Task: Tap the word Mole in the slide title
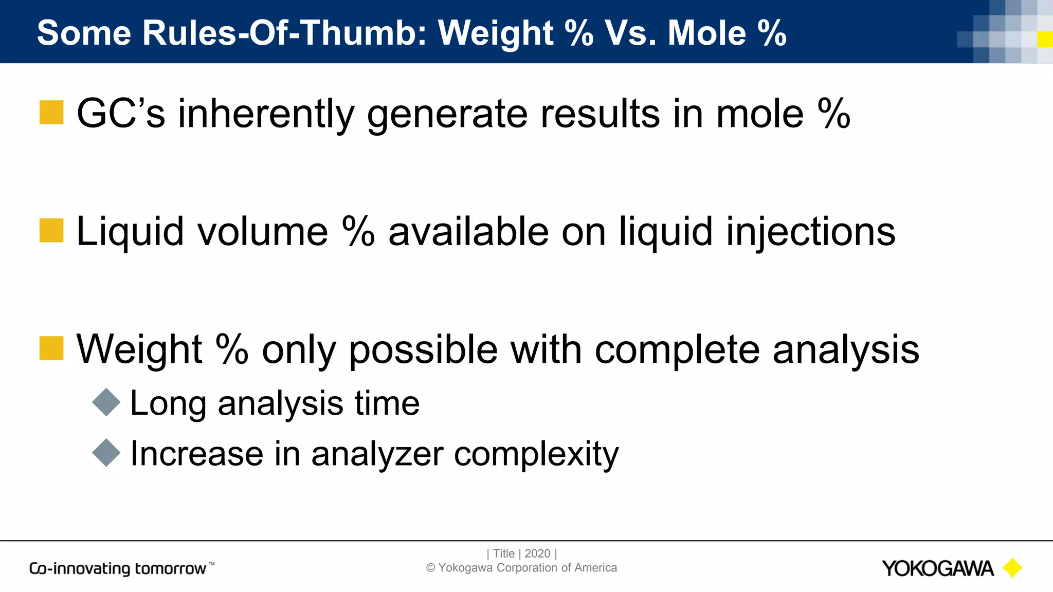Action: point(706,33)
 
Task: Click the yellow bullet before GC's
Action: point(51,113)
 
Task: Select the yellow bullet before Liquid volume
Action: point(51,230)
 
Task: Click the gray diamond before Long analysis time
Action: point(106,402)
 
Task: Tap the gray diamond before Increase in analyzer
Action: point(106,453)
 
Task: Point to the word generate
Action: point(447,114)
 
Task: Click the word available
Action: point(468,231)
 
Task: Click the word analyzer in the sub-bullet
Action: point(377,454)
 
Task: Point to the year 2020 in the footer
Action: point(537,553)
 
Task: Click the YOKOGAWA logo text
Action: point(937,568)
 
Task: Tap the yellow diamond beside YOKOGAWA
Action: point(1012,568)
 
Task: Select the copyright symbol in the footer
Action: point(431,568)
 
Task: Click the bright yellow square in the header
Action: point(1045,39)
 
